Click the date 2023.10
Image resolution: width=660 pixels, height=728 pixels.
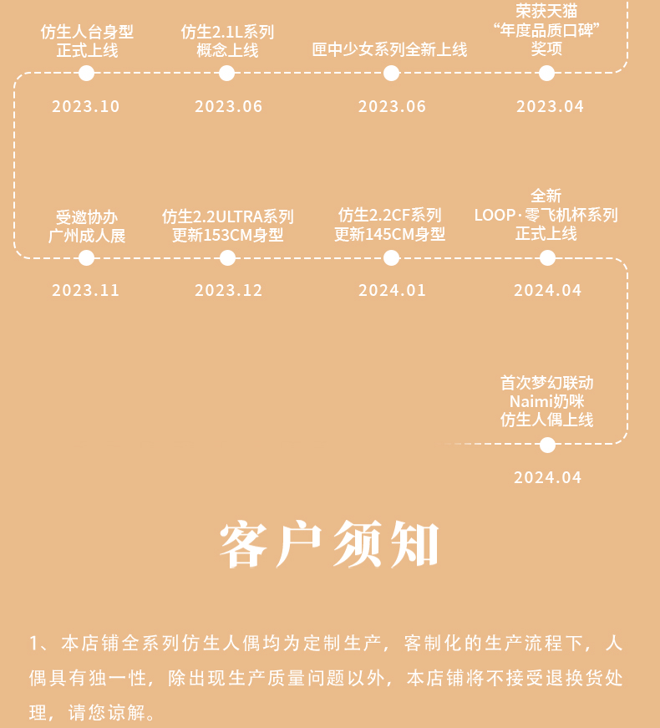[86, 106]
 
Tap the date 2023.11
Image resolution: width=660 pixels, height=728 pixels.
[86, 290]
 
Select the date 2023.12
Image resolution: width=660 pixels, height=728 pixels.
[228, 290]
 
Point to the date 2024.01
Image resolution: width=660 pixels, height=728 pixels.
[392, 290]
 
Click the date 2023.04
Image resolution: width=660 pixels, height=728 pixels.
[550, 106]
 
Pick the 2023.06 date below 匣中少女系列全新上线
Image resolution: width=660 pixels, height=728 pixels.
[392, 106]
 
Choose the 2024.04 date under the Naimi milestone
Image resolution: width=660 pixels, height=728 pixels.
[548, 477]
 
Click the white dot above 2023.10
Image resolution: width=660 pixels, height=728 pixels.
[86, 73]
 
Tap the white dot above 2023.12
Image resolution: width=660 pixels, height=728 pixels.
[227, 257]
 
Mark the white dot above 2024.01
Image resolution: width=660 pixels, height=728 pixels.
[391, 257]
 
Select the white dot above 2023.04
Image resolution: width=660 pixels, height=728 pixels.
[546, 73]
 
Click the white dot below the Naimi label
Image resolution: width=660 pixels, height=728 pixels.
[548, 445]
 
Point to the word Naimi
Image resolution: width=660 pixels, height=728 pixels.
[529, 401]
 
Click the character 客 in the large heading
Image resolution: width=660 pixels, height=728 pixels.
[244, 545]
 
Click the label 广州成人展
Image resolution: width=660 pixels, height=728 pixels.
[87, 236]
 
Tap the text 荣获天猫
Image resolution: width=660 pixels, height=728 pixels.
[546, 11]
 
